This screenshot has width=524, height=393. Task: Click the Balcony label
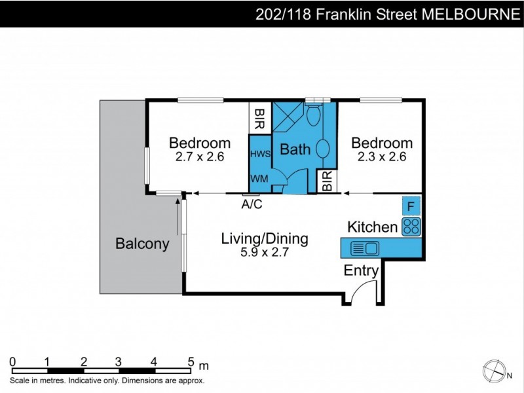click(142, 244)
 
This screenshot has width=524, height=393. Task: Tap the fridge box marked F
click(411, 206)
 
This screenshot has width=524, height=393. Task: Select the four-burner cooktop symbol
click(411, 227)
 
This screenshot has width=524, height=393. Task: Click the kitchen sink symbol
click(364, 248)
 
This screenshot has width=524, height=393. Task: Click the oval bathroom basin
click(324, 147)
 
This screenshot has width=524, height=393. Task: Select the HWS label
click(259, 154)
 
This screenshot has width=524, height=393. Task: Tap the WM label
click(257, 178)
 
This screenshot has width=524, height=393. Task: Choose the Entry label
click(361, 271)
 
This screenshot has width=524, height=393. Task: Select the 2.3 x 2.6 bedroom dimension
click(382, 157)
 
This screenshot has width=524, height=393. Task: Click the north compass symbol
click(493, 371)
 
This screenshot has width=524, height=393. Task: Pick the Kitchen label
click(372, 227)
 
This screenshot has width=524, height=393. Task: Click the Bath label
click(295, 149)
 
